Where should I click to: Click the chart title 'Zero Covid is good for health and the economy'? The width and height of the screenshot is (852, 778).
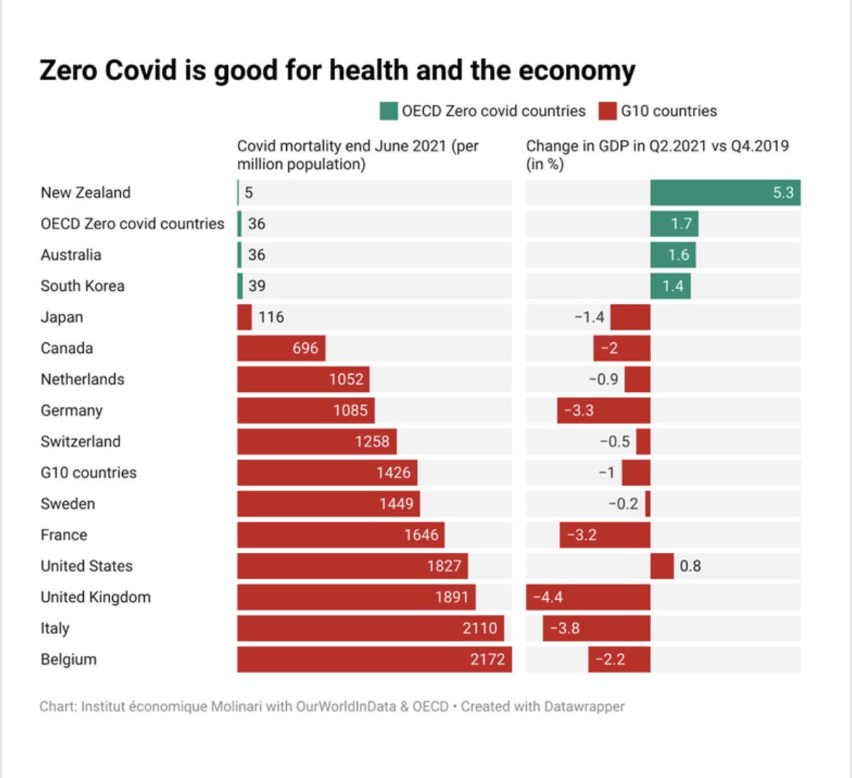pos(337,70)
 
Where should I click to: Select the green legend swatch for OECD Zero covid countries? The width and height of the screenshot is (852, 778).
pos(388,111)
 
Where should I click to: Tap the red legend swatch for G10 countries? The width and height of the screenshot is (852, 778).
pos(607,111)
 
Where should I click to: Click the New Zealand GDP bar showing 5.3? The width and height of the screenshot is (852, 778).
pos(725,193)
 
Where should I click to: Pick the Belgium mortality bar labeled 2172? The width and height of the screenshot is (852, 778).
pos(374,659)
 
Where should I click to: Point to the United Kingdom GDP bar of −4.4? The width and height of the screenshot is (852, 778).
pos(588,597)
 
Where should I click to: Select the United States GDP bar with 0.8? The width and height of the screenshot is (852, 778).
pos(662,566)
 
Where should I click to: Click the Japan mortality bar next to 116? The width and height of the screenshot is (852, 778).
pos(244,317)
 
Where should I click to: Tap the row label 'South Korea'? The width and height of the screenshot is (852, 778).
pos(82,286)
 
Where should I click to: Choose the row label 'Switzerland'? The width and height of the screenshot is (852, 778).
pos(80,442)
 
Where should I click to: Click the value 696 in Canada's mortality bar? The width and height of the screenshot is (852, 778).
pos(305,349)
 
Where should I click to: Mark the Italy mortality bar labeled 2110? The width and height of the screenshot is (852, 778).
pos(371,628)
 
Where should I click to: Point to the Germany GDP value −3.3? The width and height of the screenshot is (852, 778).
pos(579,410)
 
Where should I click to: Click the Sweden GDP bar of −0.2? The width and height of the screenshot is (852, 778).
pos(648,504)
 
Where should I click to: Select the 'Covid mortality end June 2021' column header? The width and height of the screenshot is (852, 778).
pos(358,155)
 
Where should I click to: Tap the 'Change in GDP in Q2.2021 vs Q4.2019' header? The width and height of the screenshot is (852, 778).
pos(657,155)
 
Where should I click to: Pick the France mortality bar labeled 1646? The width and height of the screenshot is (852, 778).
pos(341,535)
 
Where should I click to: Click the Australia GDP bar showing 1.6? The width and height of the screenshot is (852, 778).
pos(672,255)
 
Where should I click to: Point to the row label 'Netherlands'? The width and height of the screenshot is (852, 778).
pos(82,379)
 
